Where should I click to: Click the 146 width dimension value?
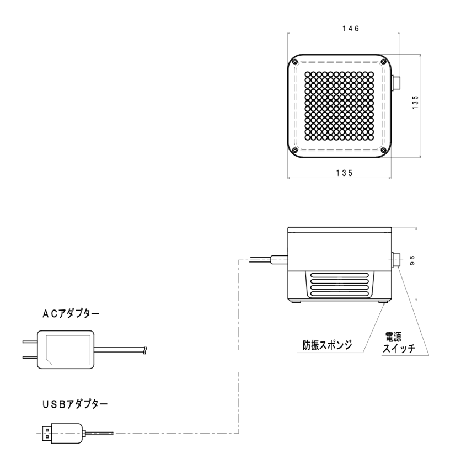point(351,29)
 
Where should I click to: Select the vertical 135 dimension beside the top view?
point(415,103)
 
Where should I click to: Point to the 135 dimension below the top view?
point(344,173)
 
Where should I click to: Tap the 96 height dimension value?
point(412,261)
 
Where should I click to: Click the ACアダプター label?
point(71,314)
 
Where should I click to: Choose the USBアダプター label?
point(75,404)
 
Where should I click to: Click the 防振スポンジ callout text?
point(328,345)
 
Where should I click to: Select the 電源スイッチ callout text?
point(398,343)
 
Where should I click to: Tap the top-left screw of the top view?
point(294,62)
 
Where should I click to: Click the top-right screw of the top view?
point(383,61)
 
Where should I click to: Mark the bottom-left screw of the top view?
point(294,151)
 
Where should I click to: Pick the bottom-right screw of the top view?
point(383,151)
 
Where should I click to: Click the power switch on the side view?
point(396,260)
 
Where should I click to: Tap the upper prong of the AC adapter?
point(30,342)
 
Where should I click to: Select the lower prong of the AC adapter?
point(30,357)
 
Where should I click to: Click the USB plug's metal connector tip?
point(46,433)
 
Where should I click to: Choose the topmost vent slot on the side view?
point(340,276)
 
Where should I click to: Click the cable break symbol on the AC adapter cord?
point(144,350)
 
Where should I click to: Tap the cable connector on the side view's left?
point(280,260)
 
